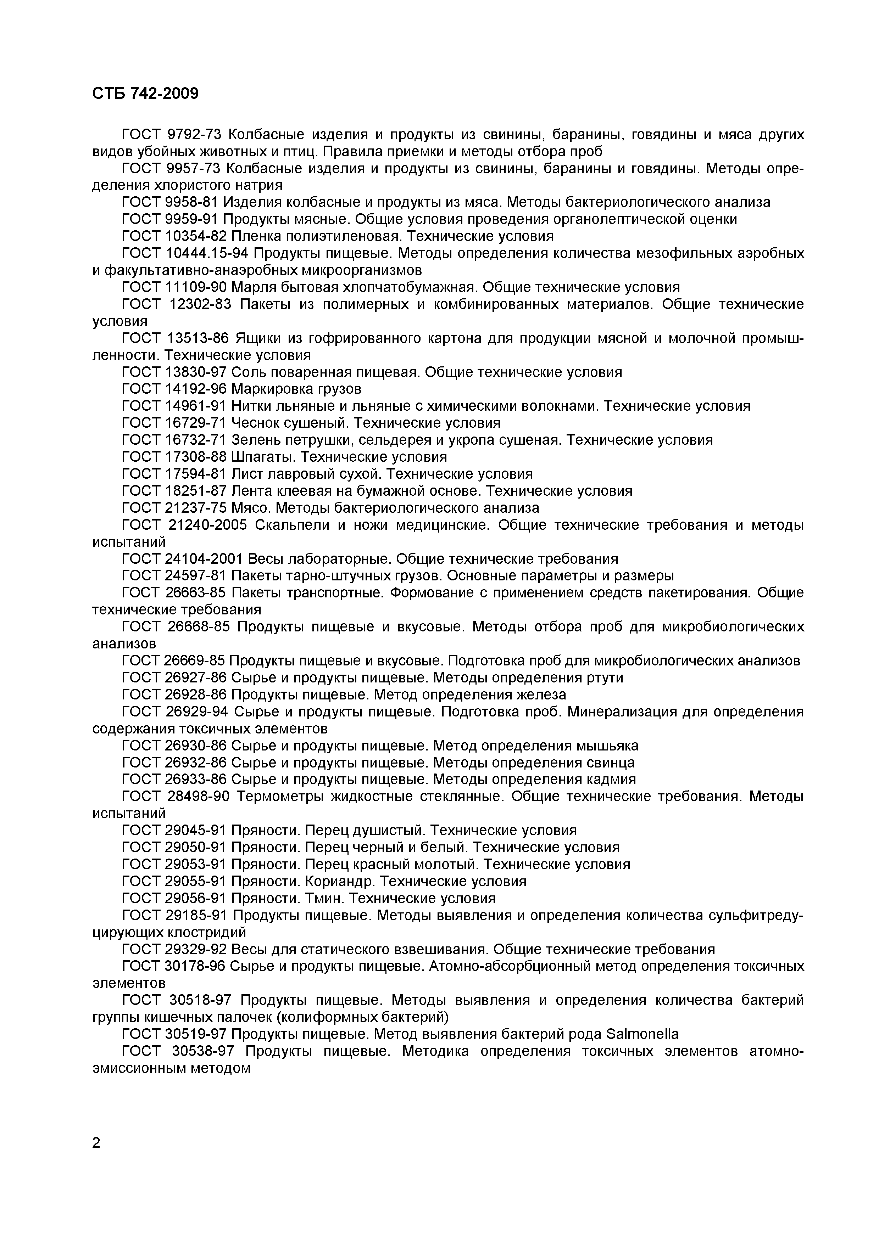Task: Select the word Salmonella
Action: point(642,1034)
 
